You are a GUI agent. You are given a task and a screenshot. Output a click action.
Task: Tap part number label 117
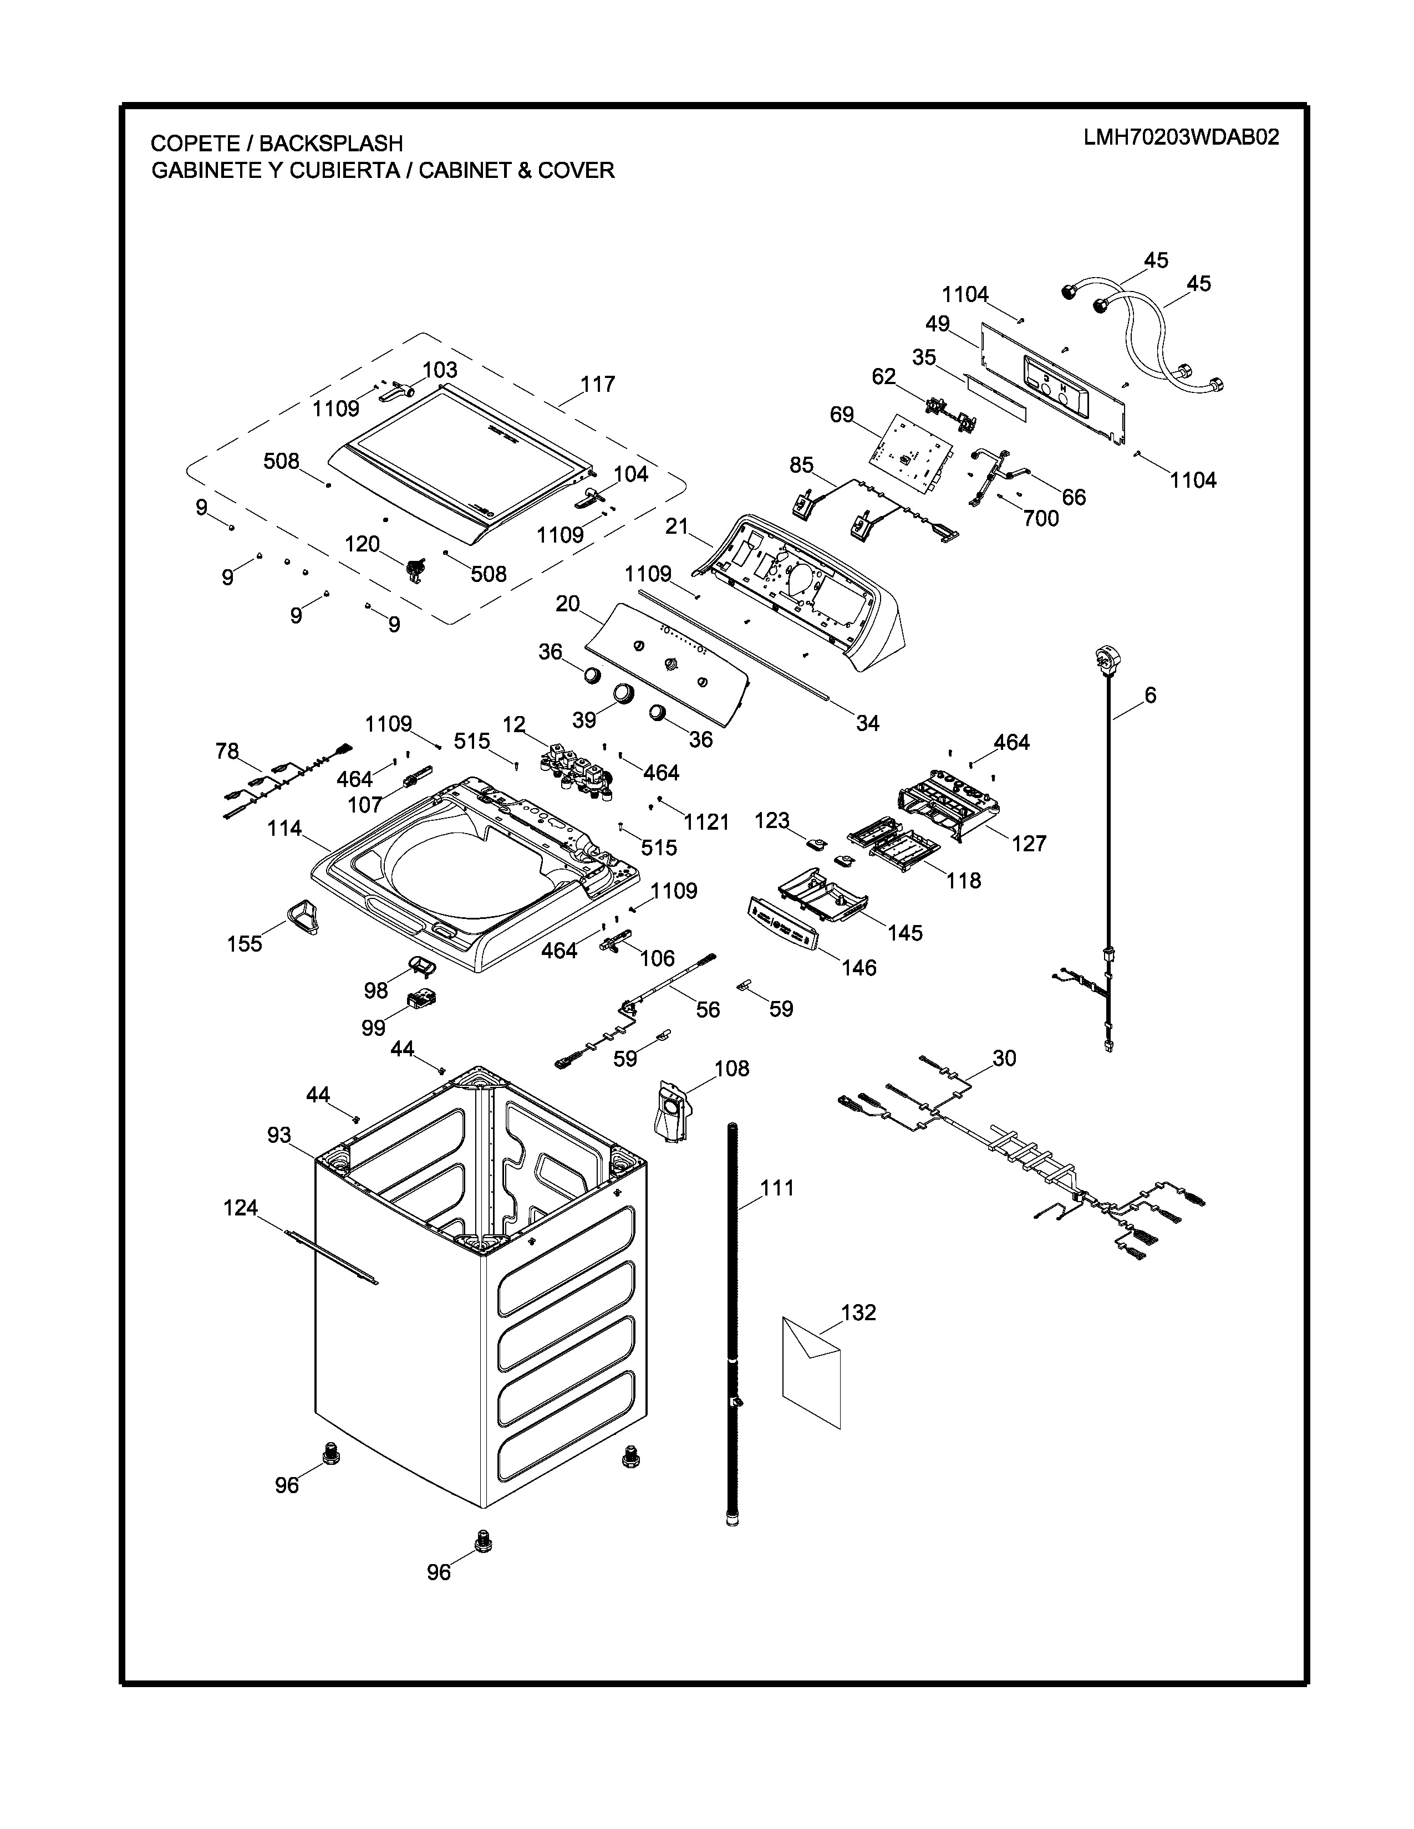click(x=598, y=385)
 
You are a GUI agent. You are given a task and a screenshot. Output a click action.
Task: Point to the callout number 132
click(x=858, y=1312)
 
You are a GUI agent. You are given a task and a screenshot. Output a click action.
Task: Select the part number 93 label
click(x=279, y=1135)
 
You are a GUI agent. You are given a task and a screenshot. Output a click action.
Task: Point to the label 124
click(x=241, y=1208)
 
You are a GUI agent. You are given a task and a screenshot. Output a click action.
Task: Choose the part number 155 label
click(x=245, y=944)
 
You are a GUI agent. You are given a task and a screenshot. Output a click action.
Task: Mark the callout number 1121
click(x=706, y=822)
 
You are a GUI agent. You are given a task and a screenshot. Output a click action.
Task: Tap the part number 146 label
click(x=858, y=968)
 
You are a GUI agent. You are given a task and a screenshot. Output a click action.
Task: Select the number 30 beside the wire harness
click(x=1004, y=1059)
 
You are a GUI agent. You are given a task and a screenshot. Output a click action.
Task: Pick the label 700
click(x=1041, y=519)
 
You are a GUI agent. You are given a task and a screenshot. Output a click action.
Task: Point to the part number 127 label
click(x=1030, y=844)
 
